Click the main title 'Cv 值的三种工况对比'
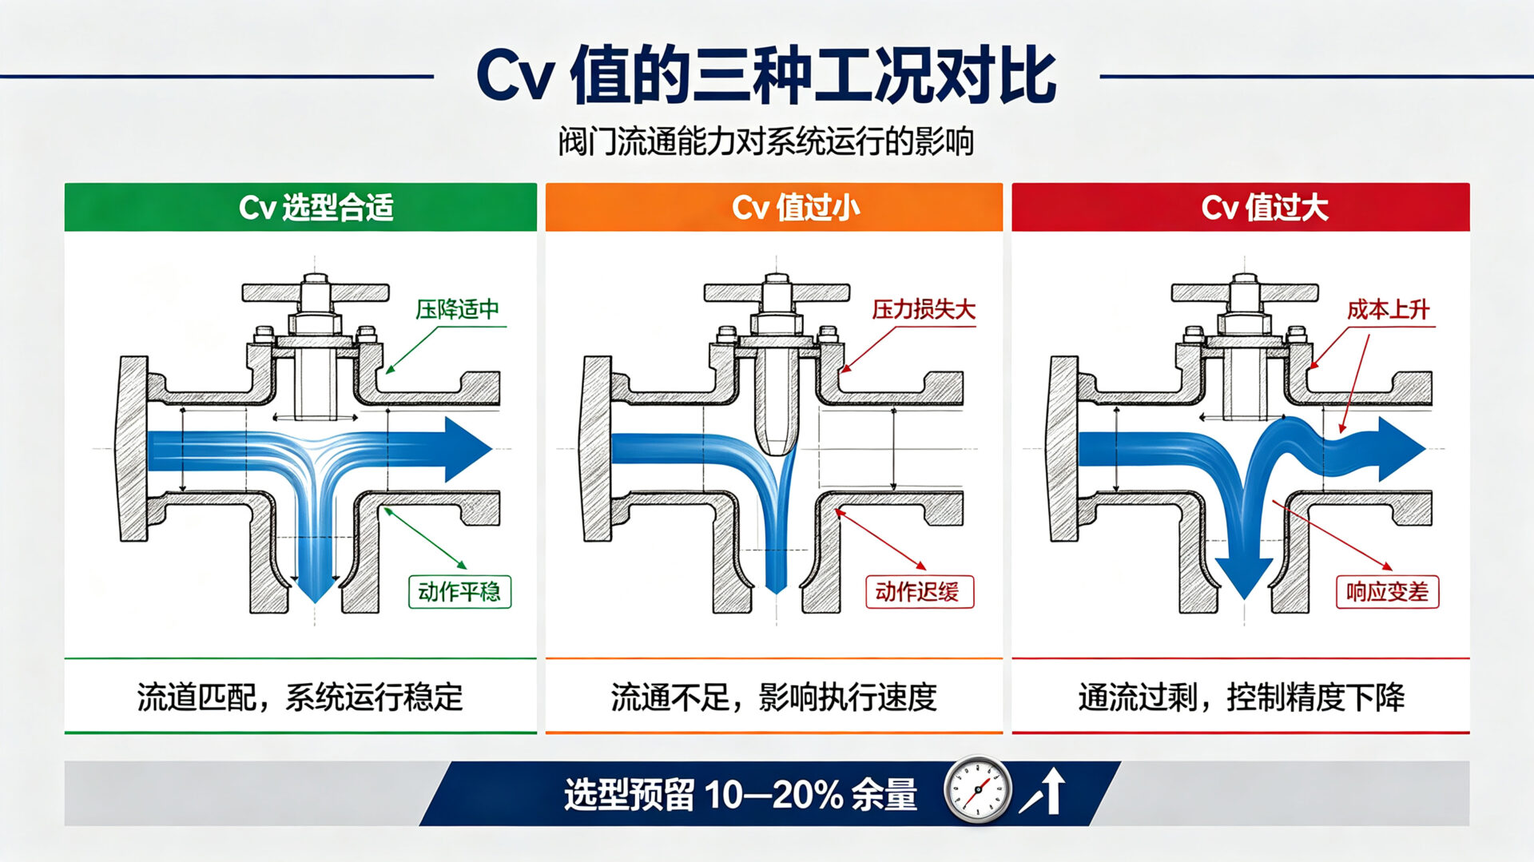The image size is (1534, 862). pyautogui.click(x=766, y=77)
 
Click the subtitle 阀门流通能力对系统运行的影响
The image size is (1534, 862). pyautogui.click(x=766, y=141)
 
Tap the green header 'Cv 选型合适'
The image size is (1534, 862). pyautogui.click(x=316, y=208)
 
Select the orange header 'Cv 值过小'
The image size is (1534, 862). pyautogui.click(x=796, y=208)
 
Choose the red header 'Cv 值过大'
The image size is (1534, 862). pyautogui.click(x=1265, y=208)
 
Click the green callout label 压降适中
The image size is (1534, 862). pyautogui.click(x=457, y=309)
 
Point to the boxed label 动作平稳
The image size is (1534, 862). pyautogui.click(x=459, y=592)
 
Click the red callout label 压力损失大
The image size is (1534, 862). pyautogui.click(x=924, y=309)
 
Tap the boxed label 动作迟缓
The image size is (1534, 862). pyautogui.click(x=920, y=592)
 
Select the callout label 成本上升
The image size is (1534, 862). pyautogui.click(x=1388, y=309)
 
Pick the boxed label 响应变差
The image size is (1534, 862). pyautogui.click(x=1387, y=592)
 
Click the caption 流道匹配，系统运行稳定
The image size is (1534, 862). pyautogui.click(x=300, y=697)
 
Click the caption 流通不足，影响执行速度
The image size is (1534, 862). pyautogui.click(x=773, y=697)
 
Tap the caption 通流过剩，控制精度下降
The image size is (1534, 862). pyautogui.click(x=1241, y=697)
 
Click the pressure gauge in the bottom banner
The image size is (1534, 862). pyautogui.click(x=977, y=790)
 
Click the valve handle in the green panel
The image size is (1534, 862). pyautogui.click(x=315, y=292)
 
